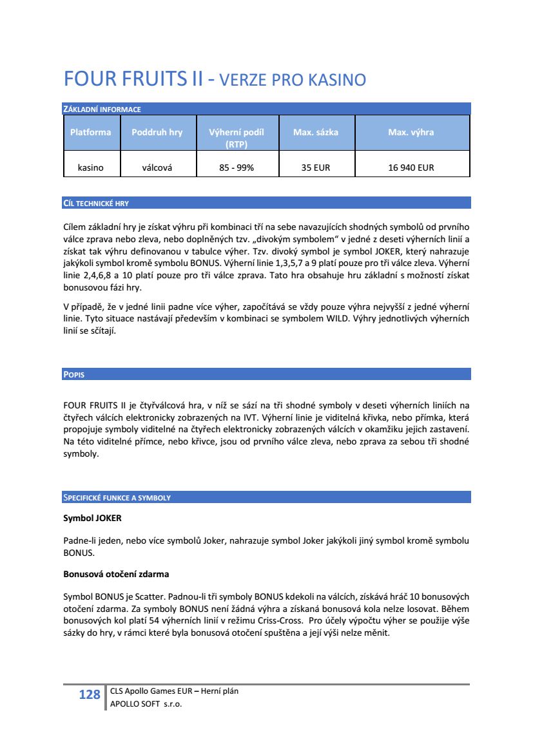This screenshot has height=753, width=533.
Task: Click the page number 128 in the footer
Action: (x=90, y=695)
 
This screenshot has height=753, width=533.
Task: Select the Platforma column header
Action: (x=90, y=132)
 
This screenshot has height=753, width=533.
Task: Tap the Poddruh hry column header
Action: (x=157, y=132)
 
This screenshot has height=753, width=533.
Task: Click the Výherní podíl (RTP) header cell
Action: (x=237, y=138)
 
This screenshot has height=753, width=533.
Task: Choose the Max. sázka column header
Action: (x=315, y=132)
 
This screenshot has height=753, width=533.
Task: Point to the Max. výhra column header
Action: (x=411, y=132)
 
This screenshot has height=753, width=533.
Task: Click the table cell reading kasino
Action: (x=90, y=167)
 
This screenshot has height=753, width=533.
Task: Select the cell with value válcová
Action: (x=157, y=167)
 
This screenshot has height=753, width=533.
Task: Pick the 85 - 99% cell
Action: (x=237, y=167)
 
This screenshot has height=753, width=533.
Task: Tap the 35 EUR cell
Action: (x=315, y=167)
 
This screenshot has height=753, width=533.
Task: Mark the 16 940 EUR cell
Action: (x=411, y=167)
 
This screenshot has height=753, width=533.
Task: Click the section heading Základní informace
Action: (x=102, y=109)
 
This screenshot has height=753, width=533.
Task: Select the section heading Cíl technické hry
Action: (x=96, y=203)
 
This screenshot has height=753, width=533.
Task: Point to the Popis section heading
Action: (x=74, y=374)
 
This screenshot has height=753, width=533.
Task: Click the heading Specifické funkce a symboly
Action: (x=117, y=497)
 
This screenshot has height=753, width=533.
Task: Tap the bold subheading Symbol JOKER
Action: (x=92, y=518)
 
